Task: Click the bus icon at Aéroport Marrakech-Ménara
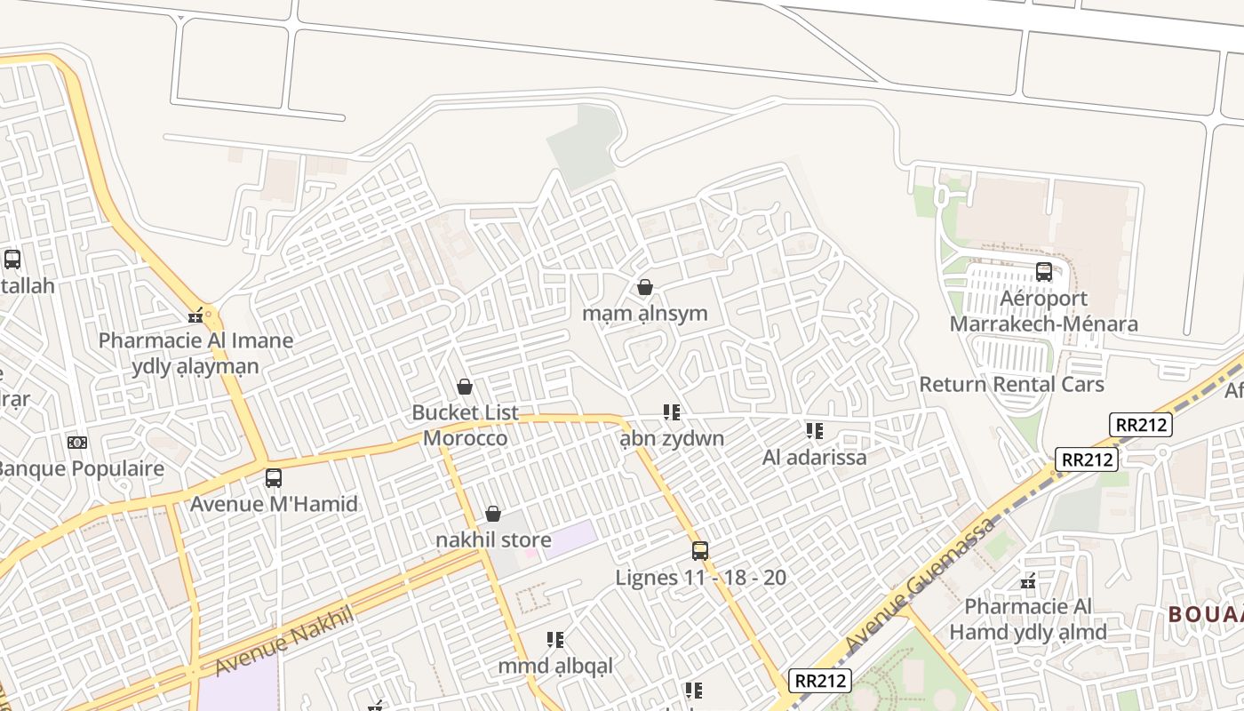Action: (1044, 272)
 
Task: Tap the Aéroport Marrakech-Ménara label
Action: (1044, 311)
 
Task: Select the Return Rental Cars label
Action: (1011, 384)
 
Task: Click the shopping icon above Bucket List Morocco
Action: (464, 387)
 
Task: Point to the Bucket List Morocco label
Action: (465, 426)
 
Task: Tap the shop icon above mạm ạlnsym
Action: (645, 287)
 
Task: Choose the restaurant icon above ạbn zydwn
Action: (672, 412)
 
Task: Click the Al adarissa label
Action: (814, 458)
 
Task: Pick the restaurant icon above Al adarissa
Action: (814, 431)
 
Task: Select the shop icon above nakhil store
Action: (493, 514)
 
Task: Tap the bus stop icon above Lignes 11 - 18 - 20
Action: (700, 551)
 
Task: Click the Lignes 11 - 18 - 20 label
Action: (700, 578)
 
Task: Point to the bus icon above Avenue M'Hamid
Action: (274, 478)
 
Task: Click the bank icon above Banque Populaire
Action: (77, 442)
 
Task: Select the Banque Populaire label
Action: (80, 468)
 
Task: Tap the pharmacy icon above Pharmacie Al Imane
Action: (196, 315)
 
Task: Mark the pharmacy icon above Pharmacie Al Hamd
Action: (1028, 581)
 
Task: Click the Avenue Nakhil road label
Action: (284, 641)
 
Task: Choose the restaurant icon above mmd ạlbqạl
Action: (555, 640)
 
